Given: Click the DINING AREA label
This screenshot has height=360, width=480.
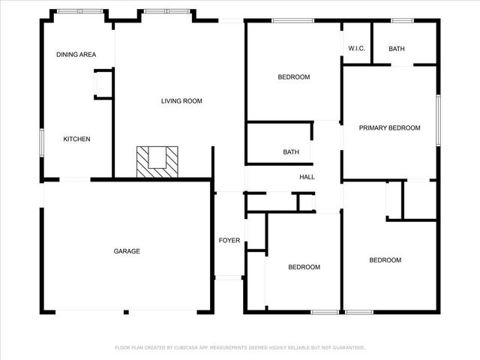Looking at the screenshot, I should [76, 55].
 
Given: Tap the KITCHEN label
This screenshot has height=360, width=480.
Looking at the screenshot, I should [76, 139].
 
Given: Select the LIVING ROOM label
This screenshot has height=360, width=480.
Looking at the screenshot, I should [181, 101].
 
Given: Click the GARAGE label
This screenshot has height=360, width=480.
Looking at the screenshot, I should [127, 251].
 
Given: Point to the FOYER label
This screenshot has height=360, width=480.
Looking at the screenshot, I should [229, 241].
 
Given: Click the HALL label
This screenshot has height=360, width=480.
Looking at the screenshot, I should [307, 178].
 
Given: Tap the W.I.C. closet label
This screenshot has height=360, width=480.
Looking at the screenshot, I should [356, 49].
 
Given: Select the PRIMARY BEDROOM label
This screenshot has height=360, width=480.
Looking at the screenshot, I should [389, 127].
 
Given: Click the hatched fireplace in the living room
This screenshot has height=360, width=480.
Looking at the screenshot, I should [158, 160].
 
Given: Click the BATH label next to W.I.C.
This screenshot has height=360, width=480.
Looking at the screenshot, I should [397, 49].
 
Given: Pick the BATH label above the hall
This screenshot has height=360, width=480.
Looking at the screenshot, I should [291, 152].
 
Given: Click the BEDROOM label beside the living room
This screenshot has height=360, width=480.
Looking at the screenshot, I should [293, 77].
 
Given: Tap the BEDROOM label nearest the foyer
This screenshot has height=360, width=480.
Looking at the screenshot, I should [304, 267].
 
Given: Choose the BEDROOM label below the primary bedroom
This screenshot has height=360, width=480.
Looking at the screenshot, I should [385, 260].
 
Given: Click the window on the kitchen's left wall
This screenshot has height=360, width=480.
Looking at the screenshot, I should [42, 142].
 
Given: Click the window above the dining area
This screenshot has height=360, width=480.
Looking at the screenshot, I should [80, 11].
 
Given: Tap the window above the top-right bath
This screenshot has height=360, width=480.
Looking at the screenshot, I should [403, 20].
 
